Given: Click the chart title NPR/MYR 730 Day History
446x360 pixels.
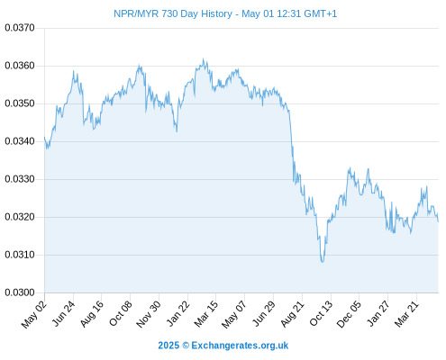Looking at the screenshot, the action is coord(173,13).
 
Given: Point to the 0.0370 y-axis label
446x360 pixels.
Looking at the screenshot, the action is coord(20,28).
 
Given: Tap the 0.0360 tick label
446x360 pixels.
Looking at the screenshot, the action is coord(20,66).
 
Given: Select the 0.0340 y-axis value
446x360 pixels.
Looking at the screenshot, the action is coord(20,141).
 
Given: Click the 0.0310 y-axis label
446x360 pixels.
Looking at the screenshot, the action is coord(20,255).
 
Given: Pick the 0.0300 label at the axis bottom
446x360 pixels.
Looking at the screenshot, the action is coord(20,292).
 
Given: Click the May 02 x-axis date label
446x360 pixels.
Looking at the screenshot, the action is coord(34,314).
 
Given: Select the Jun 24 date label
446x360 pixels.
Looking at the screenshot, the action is coord(63,313).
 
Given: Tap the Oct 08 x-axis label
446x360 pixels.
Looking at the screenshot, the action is coord(120,313).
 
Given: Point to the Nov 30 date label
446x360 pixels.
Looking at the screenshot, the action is coord(149,314).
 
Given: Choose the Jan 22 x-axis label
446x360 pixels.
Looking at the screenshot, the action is coord(178,313).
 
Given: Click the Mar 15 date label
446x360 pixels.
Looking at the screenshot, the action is coord(206,314).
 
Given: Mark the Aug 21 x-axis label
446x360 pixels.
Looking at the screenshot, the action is coord(293,314).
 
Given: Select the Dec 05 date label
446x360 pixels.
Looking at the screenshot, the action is coord(349,314).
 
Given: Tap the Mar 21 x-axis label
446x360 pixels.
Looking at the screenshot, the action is coord(406,314).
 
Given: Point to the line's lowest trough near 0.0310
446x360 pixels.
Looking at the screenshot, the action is coord(323,262).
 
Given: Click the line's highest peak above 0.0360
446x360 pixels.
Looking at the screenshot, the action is coord(204,58).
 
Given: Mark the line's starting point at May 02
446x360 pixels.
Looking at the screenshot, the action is coord(44,137).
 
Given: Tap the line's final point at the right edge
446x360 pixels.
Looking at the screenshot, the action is coord(438,221).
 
